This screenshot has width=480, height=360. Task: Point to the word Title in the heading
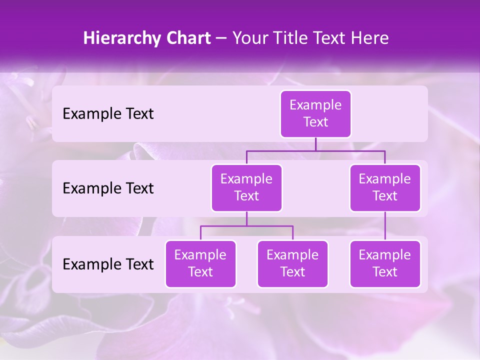292,38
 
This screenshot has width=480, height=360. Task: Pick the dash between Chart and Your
221,39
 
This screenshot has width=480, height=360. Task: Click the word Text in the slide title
331,38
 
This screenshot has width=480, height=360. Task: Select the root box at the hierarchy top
315,114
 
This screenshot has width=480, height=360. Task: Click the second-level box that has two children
246,188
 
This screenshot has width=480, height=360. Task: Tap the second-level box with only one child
385,188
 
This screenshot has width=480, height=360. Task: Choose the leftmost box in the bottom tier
200,264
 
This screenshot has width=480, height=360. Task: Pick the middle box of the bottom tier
292,264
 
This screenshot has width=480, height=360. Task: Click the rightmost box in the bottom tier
385,264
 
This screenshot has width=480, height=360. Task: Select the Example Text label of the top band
108,114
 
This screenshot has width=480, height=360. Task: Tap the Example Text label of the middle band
108,188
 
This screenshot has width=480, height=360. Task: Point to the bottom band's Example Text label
108,264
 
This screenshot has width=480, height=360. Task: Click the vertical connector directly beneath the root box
315,144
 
